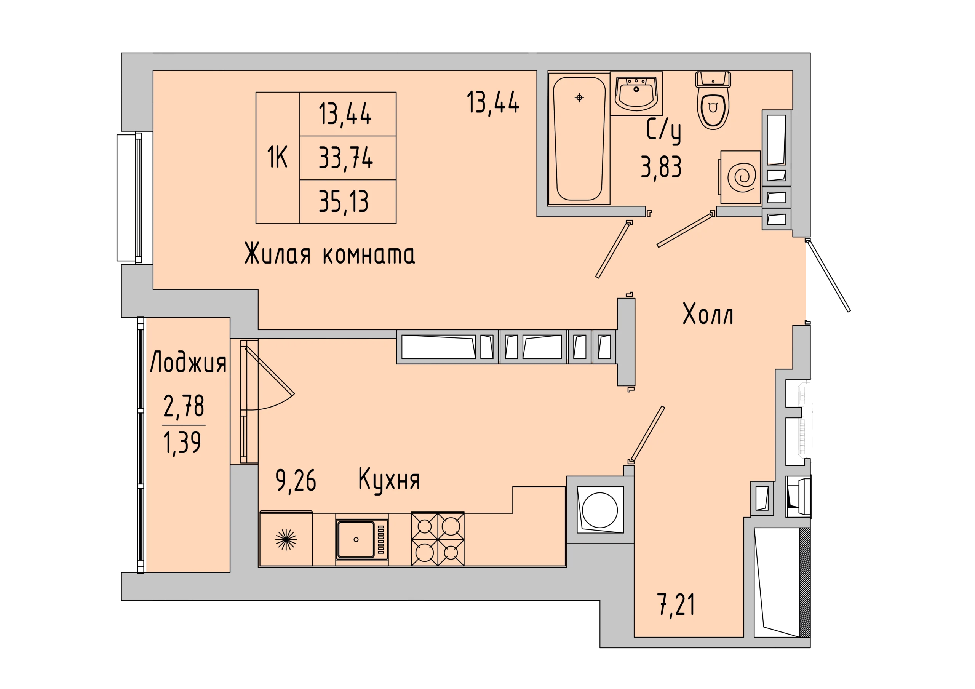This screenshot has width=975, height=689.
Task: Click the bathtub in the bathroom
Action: (x=579, y=139)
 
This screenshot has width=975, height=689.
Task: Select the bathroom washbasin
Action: (x=636, y=93)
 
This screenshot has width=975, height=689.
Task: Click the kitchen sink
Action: (x=362, y=539)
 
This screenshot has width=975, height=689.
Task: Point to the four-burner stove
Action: (x=437, y=539)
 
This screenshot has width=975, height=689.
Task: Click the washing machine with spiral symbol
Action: (x=740, y=177)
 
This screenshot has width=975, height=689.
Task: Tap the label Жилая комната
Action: (x=329, y=254)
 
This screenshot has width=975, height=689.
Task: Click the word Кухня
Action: (x=389, y=480)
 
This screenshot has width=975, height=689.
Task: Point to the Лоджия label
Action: (x=188, y=362)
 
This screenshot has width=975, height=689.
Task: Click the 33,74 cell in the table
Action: (x=346, y=158)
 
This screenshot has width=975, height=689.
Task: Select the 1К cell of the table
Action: (x=277, y=157)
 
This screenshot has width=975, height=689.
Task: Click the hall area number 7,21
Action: (x=676, y=605)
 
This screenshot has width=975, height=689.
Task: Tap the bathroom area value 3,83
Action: (x=661, y=167)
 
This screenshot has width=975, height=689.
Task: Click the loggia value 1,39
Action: (x=182, y=443)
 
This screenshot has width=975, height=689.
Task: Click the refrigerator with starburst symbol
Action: (x=286, y=539)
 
